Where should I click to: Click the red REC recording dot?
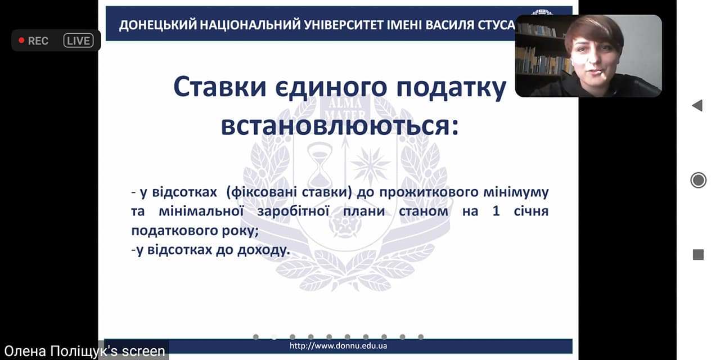tap(21, 40)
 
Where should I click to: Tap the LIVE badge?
tap(78, 41)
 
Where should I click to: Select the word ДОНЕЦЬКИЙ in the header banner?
tap(157, 25)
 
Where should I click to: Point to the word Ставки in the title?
tap(220, 87)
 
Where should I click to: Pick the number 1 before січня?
tap(496, 211)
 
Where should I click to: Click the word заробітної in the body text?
tap(293, 211)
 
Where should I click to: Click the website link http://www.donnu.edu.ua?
tap(338, 346)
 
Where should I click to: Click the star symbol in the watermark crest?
tap(370, 163)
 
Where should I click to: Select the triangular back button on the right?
tap(697, 105)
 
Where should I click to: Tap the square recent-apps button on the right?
tap(698, 255)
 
